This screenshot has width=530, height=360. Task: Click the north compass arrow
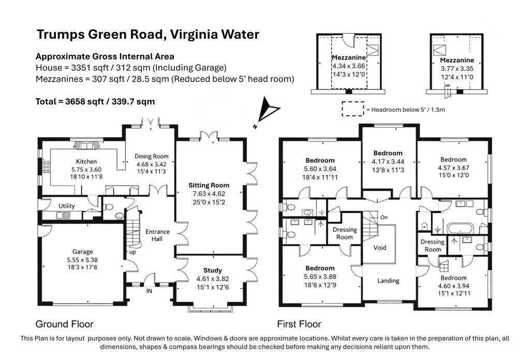[269, 110]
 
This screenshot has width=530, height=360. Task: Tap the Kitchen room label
[86, 161]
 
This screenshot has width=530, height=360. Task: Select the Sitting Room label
[209, 185]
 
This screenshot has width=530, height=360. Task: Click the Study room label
[213, 270]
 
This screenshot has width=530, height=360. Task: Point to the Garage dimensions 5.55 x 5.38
[82, 260]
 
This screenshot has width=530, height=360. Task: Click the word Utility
[67, 206]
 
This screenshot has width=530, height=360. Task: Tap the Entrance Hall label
[157, 235]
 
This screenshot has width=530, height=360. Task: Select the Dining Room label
[152, 156]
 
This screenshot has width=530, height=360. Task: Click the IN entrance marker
[149, 291]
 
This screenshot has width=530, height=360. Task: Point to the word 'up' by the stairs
[133, 252]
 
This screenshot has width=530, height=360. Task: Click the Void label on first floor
[379, 248]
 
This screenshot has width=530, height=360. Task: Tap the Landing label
[388, 281]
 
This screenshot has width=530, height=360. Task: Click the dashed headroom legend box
[353, 109]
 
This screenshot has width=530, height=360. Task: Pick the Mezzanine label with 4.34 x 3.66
[348, 58]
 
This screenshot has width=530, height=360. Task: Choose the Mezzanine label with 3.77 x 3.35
[457, 61]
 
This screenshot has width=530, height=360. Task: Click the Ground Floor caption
[64, 324]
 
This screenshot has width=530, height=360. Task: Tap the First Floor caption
[299, 324]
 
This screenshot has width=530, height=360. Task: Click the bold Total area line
[95, 102]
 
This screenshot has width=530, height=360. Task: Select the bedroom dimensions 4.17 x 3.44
[388, 161]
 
